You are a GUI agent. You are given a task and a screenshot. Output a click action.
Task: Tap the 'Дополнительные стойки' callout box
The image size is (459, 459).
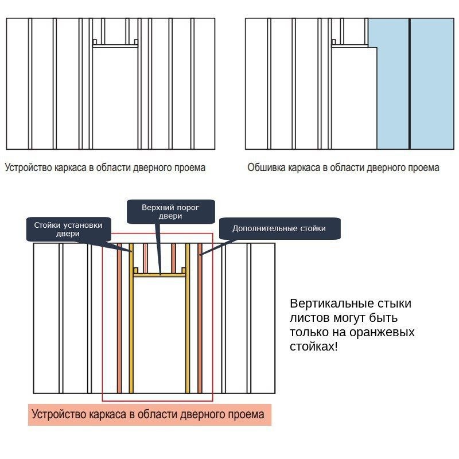click(x=279, y=228)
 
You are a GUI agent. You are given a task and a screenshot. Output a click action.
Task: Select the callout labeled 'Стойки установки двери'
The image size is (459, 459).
click(x=68, y=229)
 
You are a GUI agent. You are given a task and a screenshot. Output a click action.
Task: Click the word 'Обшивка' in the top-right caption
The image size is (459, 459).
click(x=266, y=168)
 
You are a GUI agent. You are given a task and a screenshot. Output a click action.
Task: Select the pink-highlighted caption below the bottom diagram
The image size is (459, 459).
click(x=149, y=414)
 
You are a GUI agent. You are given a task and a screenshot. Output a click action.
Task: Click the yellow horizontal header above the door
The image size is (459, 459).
click(x=160, y=275)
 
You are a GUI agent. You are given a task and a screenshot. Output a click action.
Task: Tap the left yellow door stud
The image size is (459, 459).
click(x=131, y=321)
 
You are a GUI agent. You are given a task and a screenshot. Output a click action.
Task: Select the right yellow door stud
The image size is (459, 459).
click(x=188, y=321)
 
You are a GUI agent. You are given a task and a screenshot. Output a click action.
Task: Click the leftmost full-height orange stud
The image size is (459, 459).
click(x=119, y=321)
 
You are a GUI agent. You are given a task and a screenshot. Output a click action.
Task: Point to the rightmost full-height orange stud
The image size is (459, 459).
click(x=200, y=321)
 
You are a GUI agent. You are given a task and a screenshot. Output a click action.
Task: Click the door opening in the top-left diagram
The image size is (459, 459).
click(x=115, y=98)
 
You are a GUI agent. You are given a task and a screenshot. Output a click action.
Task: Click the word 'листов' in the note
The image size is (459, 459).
click(x=308, y=318)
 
